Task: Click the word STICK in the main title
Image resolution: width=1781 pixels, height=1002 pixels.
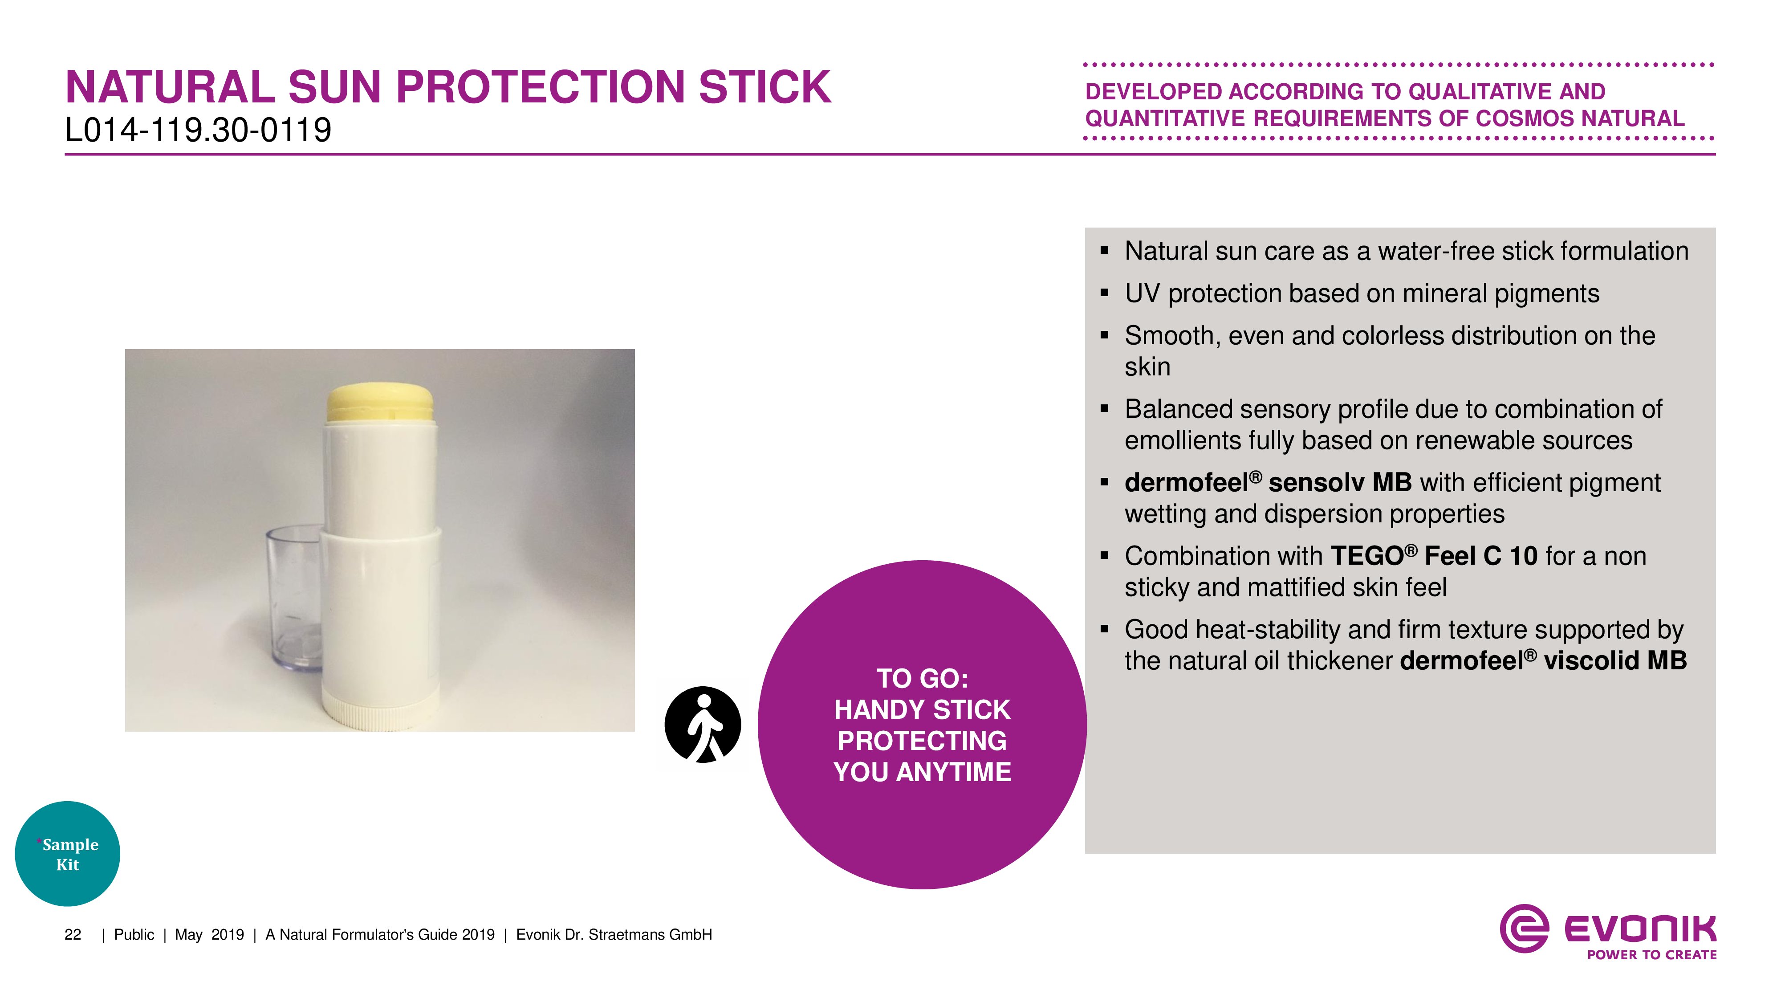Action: [764, 87]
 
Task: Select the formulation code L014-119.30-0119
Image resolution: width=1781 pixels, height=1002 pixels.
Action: [199, 130]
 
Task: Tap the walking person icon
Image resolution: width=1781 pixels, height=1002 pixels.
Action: [703, 725]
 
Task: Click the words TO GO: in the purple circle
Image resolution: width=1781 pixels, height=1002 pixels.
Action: [922, 678]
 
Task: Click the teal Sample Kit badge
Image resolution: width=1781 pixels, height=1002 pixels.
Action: [68, 854]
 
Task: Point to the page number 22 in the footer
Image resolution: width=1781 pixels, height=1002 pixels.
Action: [73, 935]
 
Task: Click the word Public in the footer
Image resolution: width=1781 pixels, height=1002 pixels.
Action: [134, 935]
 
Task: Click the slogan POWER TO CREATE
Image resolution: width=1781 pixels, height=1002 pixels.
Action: [1652, 955]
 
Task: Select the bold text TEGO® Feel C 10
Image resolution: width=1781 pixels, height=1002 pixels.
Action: [1434, 556]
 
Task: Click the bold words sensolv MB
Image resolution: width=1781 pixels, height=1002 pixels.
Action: [1340, 483]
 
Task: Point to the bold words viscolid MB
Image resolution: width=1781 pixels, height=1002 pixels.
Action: [1616, 660]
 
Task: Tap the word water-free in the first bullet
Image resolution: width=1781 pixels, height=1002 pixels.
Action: [1436, 251]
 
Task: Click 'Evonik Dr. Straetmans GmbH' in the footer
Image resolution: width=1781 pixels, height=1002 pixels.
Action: [614, 935]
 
